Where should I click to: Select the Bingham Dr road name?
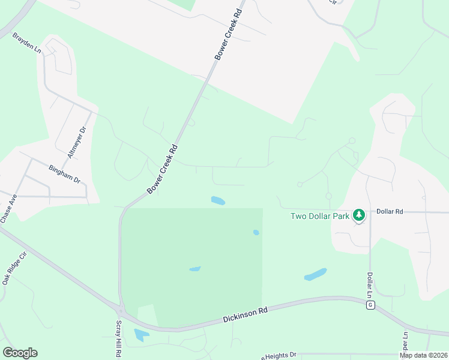65,174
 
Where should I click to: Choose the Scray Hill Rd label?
119,339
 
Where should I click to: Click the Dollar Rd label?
390,211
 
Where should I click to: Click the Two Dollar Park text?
320,216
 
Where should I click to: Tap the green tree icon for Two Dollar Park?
359,215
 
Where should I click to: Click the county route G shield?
372,305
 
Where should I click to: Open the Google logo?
20,353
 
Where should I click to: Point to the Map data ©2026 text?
423,355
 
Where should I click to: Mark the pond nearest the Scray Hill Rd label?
142,335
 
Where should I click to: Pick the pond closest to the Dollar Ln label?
316,274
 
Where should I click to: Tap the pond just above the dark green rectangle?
218,200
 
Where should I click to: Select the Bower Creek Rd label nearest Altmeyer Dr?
163,169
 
